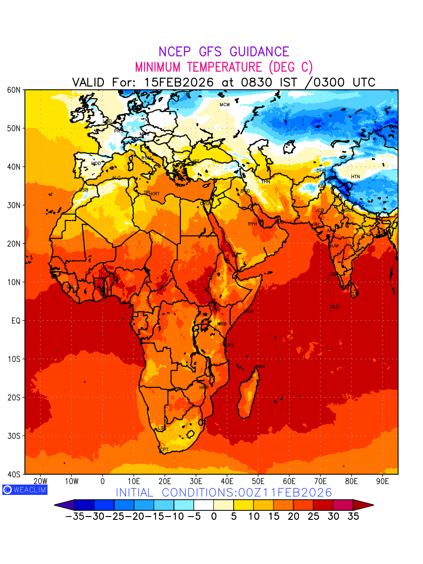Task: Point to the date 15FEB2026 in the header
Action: [x=179, y=82]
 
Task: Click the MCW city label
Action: [x=225, y=105]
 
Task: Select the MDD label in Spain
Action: [x=96, y=164]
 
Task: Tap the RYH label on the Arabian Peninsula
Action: [x=252, y=224]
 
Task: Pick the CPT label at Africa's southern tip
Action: [x=164, y=450]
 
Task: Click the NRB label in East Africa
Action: [x=222, y=324]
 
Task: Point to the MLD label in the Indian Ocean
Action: [x=335, y=307]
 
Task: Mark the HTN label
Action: [x=355, y=177]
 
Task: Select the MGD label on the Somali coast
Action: [x=249, y=312]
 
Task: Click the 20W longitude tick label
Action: [x=40, y=481]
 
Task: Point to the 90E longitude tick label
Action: [x=383, y=481]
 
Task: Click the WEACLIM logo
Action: [x=24, y=489]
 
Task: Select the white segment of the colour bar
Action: [x=204, y=505]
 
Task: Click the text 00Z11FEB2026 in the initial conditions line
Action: [x=278, y=493]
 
